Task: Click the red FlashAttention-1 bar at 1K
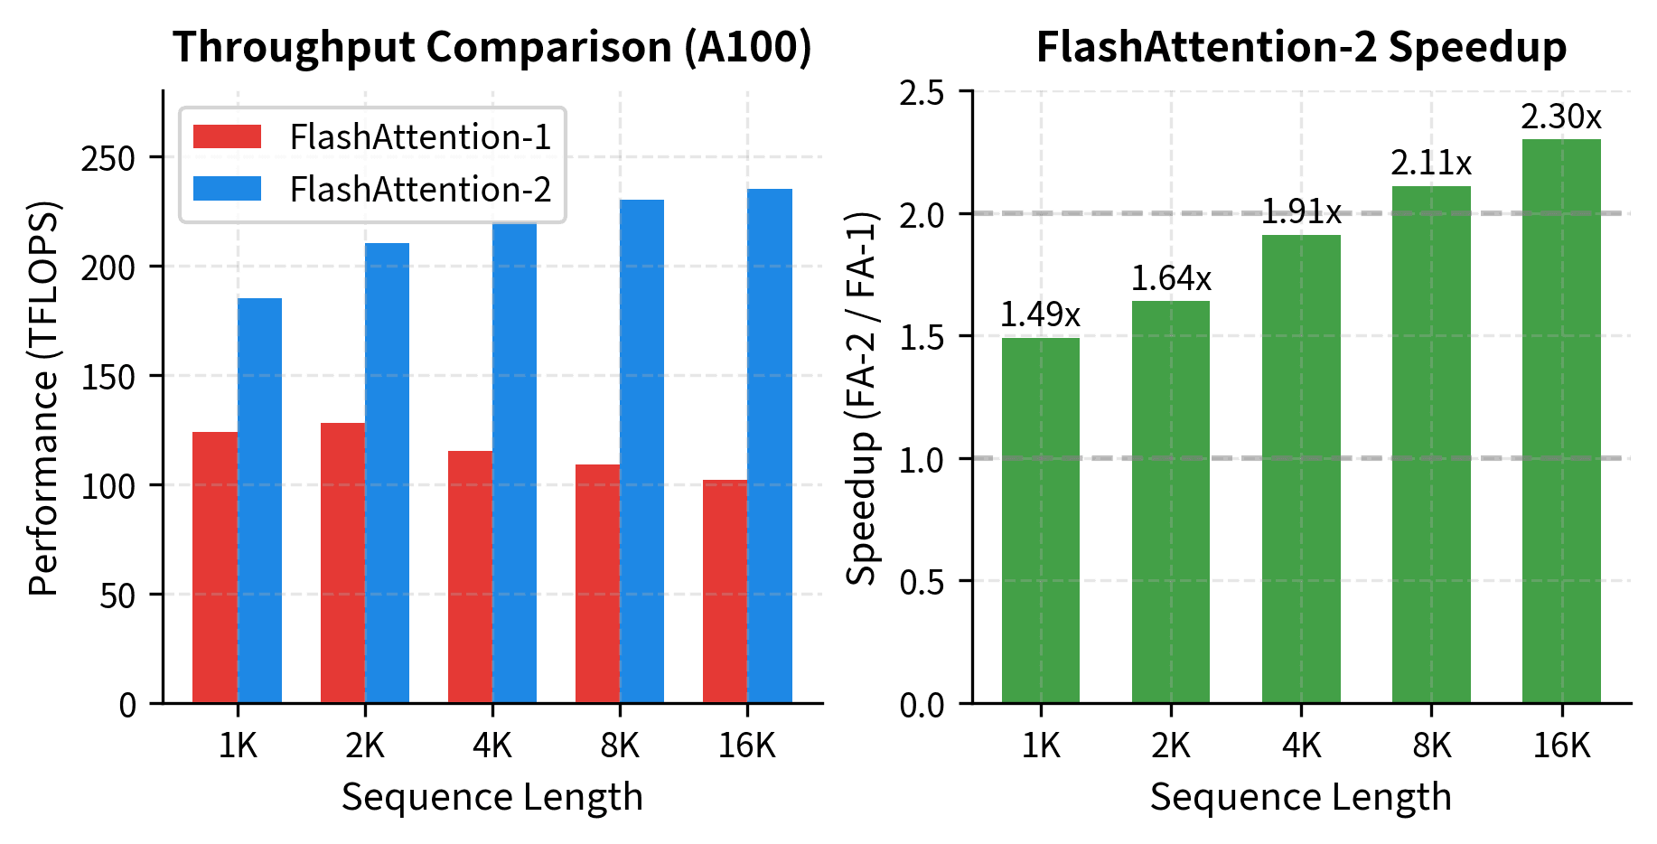215,567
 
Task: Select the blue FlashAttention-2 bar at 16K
770,445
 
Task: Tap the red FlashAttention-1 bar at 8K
597,584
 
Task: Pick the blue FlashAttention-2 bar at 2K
388,473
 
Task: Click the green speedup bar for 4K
1301,469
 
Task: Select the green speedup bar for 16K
1561,421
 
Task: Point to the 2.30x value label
1561,117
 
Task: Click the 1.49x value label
1040,314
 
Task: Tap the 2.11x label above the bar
1431,164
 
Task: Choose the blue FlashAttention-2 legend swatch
228,189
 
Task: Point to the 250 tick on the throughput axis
108,158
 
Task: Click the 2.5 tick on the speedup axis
922,92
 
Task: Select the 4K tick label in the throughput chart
492,746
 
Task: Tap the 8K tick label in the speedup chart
1431,746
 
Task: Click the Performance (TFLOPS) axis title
43,398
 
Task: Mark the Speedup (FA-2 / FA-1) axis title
863,398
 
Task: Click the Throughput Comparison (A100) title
492,47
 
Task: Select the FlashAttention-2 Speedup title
1301,47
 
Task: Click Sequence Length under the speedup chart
1301,797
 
